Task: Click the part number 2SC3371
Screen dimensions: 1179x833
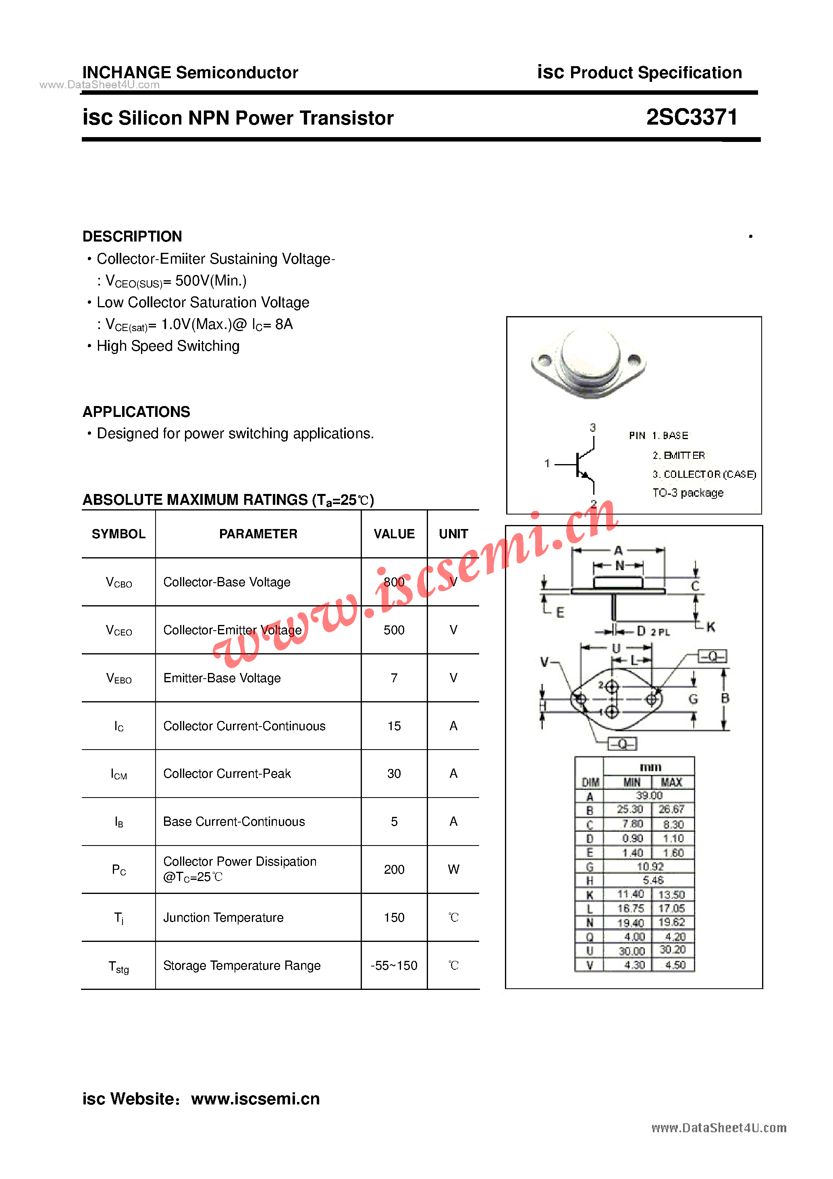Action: pos(691,118)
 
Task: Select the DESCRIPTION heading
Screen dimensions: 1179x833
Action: pos(133,236)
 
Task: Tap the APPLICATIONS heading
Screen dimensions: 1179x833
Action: pos(137,412)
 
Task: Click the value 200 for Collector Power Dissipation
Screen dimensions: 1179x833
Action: pos(394,869)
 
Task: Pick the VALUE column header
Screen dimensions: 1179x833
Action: pos(394,534)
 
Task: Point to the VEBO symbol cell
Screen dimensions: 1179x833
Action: pos(118,678)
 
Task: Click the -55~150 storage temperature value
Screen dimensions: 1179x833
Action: pos(394,965)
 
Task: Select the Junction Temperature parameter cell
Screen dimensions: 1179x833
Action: pos(223,918)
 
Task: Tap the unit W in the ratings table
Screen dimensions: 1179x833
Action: pos(453,869)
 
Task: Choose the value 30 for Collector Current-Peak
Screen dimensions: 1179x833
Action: pos(394,773)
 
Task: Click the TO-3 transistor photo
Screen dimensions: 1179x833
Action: pos(589,363)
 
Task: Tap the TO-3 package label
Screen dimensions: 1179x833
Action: pos(688,493)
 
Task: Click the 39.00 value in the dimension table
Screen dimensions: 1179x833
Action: pos(649,796)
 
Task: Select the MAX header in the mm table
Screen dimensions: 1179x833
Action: pos(671,782)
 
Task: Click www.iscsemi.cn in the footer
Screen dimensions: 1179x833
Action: pos(255,1098)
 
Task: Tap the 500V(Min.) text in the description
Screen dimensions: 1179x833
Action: pos(210,281)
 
